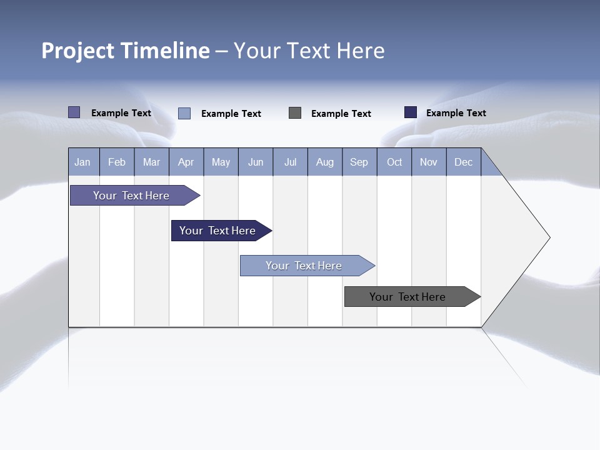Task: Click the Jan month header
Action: pyautogui.click(x=83, y=162)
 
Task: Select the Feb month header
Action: pyautogui.click(x=117, y=162)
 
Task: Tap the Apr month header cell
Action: pyautogui.click(x=186, y=162)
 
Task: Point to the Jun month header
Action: pyautogui.click(x=256, y=162)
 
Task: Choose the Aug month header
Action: pyautogui.click(x=325, y=162)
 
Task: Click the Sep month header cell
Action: pyautogui.click(x=359, y=162)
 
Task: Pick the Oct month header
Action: pyautogui.click(x=394, y=162)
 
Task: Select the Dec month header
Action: pyautogui.click(x=464, y=162)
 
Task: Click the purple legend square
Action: pyautogui.click(x=74, y=112)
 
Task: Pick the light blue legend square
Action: pyautogui.click(x=184, y=113)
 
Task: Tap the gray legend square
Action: pyautogui.click(x=295, y=112)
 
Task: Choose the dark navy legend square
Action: pyautogui.click(x=411, y=112)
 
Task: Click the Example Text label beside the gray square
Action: pyautogui.click(x=341, y=113)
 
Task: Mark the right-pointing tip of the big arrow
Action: pyautogui.click(x=549, y=237)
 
